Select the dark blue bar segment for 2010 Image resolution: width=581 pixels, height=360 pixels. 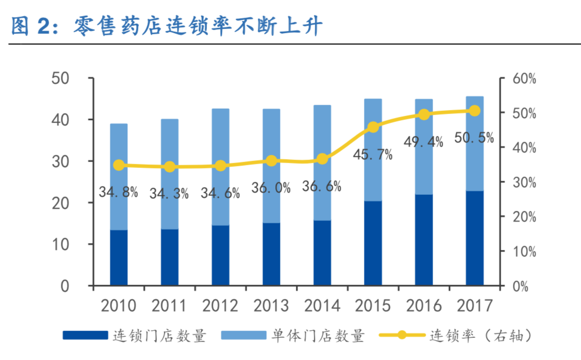119,258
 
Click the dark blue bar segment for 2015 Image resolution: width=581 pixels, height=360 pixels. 373,243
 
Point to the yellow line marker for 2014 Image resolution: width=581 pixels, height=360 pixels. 322,159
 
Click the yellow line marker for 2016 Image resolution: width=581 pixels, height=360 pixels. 424,115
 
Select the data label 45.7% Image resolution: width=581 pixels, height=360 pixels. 373,155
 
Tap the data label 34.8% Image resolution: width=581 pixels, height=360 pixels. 118,192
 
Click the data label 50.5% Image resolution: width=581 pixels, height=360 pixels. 474,138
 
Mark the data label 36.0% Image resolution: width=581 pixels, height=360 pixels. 271,188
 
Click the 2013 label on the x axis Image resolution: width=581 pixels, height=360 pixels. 271,306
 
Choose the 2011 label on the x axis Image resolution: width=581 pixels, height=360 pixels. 169,306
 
